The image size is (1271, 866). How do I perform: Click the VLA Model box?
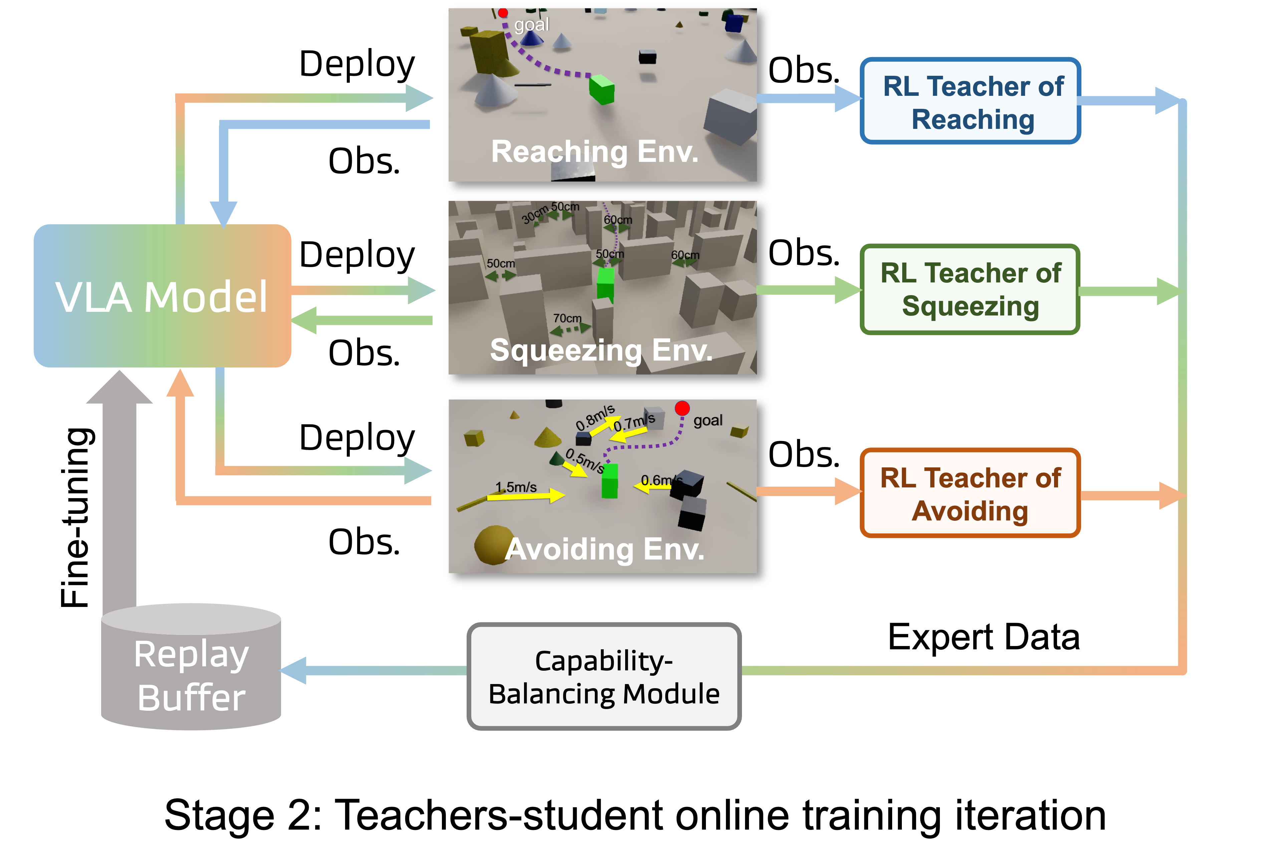(x=162, y=296)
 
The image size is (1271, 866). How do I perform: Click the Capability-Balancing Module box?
(x=604, y=677)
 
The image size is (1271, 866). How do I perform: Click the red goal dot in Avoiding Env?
(x=682, y=408)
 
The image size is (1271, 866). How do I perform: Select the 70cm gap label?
(x=567, y=318)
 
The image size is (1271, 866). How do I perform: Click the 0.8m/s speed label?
(x=595, y=417)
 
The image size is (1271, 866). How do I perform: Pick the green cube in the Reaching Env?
(x=601, y=90)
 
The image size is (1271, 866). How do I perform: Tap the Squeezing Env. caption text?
(x=601, y=350)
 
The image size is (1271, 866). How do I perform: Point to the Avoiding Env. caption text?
(x=604, y=549)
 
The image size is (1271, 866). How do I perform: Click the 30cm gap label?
(x=534, y=214)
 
